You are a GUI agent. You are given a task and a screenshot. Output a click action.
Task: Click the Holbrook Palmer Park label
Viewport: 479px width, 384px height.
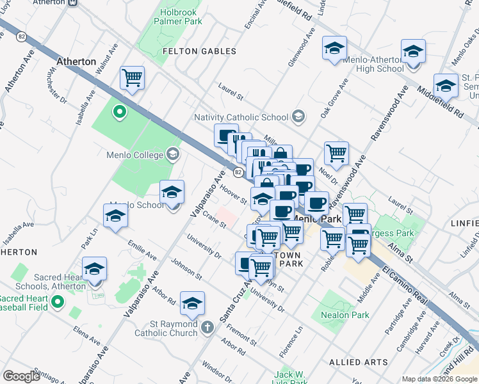178,16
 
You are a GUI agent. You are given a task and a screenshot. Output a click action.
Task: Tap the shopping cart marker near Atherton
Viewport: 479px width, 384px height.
132,78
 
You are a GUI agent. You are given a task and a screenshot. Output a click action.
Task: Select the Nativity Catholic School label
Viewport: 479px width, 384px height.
241,117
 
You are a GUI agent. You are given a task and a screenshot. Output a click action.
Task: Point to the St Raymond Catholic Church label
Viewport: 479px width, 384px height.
166,328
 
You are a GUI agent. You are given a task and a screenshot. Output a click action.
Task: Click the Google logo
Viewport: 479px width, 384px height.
21,376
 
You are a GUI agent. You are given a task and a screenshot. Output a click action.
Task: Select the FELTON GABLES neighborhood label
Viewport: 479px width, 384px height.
199,51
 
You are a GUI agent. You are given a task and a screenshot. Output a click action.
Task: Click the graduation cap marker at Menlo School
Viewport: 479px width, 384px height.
172,191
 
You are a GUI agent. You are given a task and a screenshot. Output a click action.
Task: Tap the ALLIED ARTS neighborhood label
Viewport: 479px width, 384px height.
359,362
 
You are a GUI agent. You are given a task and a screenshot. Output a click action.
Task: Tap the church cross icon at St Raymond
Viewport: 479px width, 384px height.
206,328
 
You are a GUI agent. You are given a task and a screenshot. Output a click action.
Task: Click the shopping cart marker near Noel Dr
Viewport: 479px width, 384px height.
336,153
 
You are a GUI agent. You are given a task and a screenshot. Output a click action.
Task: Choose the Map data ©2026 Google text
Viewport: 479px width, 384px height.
439,379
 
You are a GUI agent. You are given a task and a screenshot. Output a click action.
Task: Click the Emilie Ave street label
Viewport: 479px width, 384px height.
142,250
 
